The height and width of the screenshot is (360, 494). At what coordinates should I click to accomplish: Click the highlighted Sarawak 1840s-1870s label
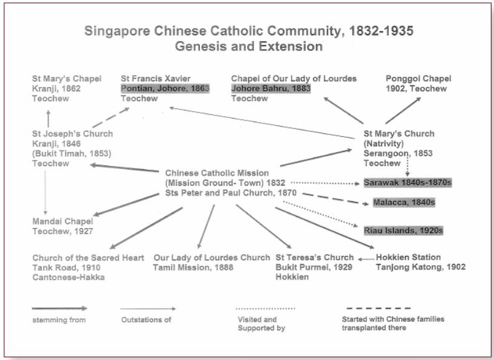pos(408,182)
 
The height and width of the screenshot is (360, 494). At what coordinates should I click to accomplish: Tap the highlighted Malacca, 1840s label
pos(404,202)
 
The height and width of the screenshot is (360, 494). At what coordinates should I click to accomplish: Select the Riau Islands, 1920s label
pos(403,230)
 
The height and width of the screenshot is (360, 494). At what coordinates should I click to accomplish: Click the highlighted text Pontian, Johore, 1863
pos(165,88)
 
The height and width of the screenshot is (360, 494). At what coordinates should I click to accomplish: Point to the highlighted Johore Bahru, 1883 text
pos(271,88)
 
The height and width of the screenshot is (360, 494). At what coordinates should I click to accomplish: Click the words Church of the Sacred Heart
pos(88,258)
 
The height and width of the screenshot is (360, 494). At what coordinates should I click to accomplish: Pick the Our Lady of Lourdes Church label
pos(211,258)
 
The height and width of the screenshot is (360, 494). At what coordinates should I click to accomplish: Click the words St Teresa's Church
pos(315,257)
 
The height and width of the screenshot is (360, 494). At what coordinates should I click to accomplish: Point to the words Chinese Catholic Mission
pos(217,173)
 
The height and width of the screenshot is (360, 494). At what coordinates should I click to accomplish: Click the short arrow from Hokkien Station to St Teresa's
pos(366,260)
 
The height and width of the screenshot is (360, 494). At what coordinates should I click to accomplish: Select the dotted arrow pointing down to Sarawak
pos(407,167)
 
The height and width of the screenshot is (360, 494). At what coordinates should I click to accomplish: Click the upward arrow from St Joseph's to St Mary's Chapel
pos(48,119)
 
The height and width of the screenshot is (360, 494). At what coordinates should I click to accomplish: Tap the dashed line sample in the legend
pos(379,308)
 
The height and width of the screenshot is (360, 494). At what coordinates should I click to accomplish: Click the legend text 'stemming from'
pos(59,320)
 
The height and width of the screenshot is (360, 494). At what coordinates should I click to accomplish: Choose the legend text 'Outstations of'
pos(146,320)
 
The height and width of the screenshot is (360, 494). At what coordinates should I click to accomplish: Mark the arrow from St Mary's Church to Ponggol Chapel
pos(403,110)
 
